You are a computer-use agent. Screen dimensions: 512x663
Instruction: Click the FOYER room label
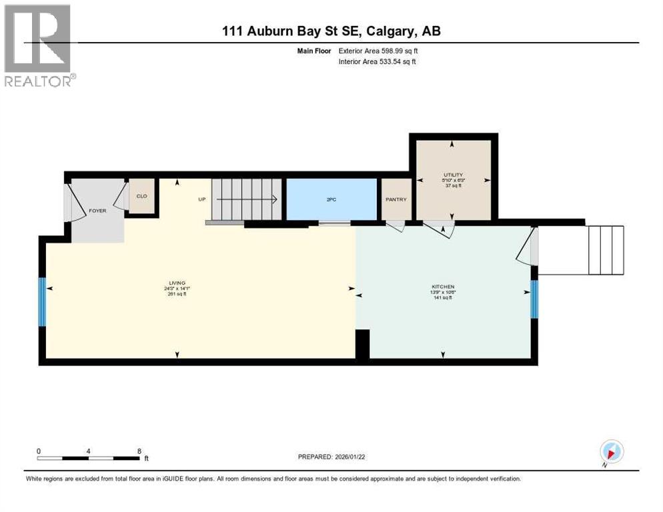[97, 211]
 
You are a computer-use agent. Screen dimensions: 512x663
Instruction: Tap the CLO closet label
[141, 196]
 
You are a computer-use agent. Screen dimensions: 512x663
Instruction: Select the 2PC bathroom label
[331, 199]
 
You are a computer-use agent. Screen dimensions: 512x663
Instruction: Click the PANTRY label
[396, 199]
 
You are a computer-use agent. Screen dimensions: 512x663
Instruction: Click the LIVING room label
[177, 283]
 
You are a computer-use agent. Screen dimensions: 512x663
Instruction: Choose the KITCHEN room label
[443, 287]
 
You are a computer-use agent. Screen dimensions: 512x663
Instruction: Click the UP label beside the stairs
[201, 199]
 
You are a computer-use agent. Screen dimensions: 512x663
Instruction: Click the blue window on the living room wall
[42, 302]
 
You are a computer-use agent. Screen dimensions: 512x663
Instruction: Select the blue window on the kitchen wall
[534, 299]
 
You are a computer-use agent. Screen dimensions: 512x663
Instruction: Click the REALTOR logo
[39, 47]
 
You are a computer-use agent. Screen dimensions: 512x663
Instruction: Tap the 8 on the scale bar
[139, 451]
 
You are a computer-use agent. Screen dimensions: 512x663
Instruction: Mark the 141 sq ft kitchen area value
[442, 298]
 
